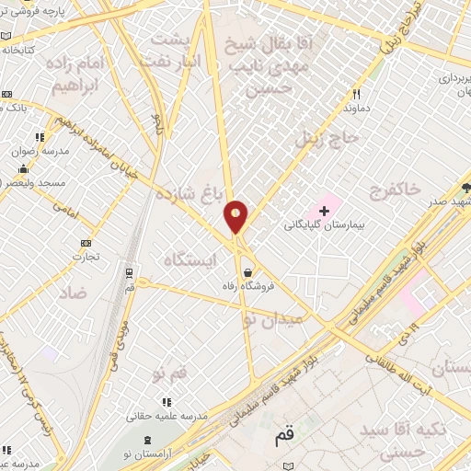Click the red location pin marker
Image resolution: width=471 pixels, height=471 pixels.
235,218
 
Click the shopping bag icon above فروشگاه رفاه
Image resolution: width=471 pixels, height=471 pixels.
248,271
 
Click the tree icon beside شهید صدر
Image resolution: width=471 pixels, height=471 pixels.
467,189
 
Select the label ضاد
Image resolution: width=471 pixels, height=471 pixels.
72,293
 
